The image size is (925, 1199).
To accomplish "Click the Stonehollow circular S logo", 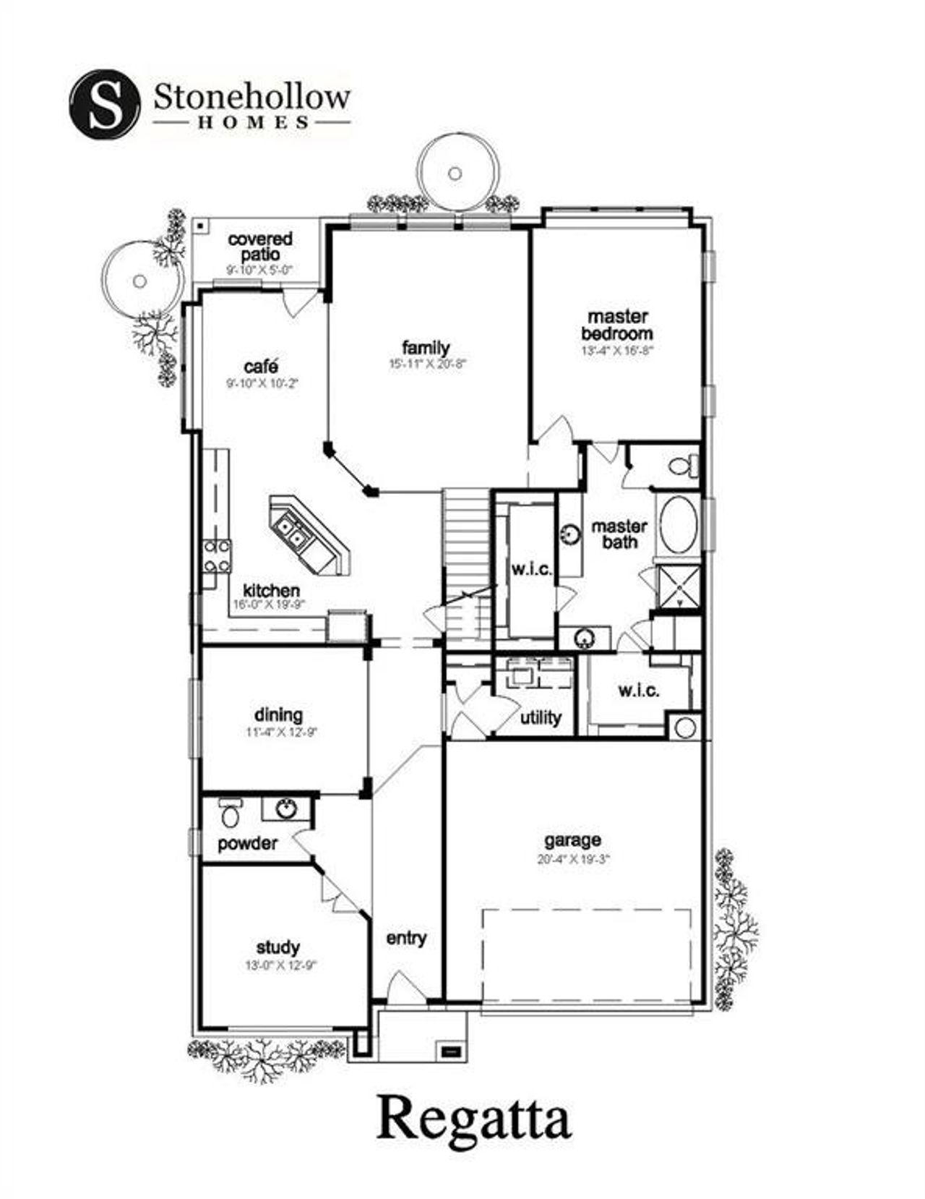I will tap(104, 104).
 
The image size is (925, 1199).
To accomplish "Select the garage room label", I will tap(572, 840).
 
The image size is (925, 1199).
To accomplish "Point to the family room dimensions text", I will tap(428, 364).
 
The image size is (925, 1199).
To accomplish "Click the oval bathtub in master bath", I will tap(679, 524).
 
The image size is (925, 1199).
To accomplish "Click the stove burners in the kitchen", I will tap(217, 555).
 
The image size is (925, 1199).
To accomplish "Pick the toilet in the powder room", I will tap(231, 814).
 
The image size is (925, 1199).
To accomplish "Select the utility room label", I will tap(541, 717).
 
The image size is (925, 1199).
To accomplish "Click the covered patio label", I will tap(260, 247).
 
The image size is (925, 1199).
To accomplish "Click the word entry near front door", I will tap(406, 938).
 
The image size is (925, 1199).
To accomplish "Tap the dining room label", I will tap(278, 714).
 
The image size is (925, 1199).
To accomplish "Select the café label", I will tap(261, 367).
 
